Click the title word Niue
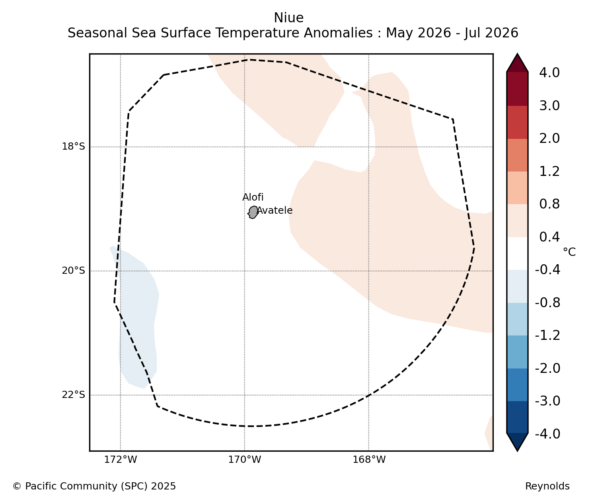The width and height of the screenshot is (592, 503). (289, 18)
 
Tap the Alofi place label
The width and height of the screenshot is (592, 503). (253, 197)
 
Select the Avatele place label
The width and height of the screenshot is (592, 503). (275, 211)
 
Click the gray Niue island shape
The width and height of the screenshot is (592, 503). (253, 212)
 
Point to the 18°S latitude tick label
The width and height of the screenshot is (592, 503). (74, 146)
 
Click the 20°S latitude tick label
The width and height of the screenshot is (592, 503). (74, 271)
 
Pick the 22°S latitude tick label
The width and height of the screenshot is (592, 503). (74, 395)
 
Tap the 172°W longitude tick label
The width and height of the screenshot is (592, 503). (120, 460)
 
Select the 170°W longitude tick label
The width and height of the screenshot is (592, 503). (244, 460)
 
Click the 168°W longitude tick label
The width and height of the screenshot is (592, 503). (369, 460)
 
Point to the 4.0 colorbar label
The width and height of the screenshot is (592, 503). (549, 73)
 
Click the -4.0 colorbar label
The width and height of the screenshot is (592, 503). (547, 434)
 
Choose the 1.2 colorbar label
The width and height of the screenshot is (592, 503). (549, 172)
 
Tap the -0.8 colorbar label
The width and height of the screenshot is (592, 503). (547, 303)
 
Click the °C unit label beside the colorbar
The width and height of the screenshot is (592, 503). (569, 252)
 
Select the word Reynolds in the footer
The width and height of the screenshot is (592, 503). (547, 486)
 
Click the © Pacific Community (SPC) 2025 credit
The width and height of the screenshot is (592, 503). (94, 486)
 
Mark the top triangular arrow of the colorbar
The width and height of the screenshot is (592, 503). (517, 63)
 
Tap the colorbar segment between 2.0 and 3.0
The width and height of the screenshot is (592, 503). (517, 122)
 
